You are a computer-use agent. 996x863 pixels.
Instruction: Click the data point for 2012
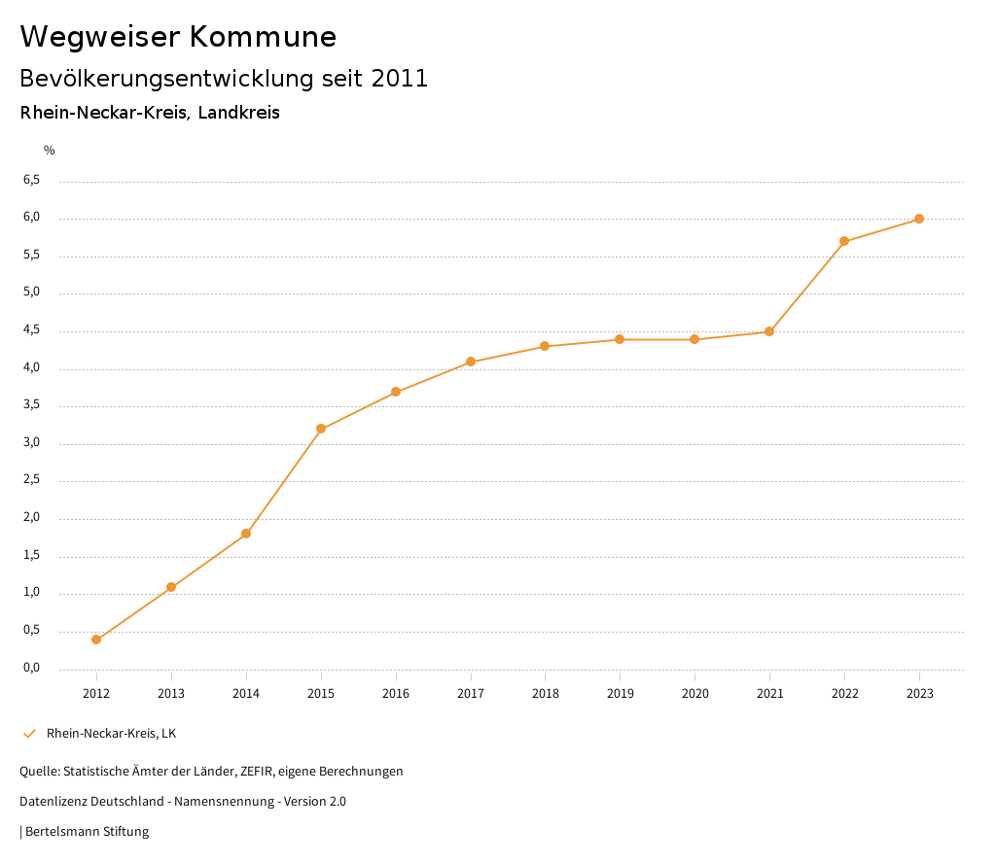(96, 639)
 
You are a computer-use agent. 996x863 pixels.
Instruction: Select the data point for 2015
(321, 429)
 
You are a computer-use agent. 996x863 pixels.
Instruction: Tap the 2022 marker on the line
(844, 241)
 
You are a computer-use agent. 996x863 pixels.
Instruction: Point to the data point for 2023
(919, 219)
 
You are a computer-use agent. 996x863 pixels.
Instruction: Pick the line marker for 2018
(545, 346)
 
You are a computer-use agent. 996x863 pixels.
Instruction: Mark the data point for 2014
(246, 534)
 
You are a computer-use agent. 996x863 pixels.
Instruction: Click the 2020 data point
(694, 339)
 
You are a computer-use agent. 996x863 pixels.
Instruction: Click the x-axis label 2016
(396, 694)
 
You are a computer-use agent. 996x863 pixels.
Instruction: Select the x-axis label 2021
(769, 694)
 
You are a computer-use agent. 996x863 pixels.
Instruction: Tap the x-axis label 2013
(171, 694)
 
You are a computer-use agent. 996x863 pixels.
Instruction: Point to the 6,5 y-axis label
(31, 180)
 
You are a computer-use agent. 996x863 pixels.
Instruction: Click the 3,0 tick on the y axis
(31, 442)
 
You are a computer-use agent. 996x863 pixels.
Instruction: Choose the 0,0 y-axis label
(31, 668)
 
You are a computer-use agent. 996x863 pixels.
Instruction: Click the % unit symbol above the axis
(50, 151)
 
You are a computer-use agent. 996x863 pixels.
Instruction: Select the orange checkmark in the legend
(29, 734)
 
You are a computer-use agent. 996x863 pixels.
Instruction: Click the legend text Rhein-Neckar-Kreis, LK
(111, 734)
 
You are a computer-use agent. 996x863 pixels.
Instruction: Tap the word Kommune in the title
(264, 37)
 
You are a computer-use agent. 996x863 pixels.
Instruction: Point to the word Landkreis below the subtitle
(238, 113)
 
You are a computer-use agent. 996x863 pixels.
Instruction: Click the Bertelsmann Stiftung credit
(86, 832)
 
